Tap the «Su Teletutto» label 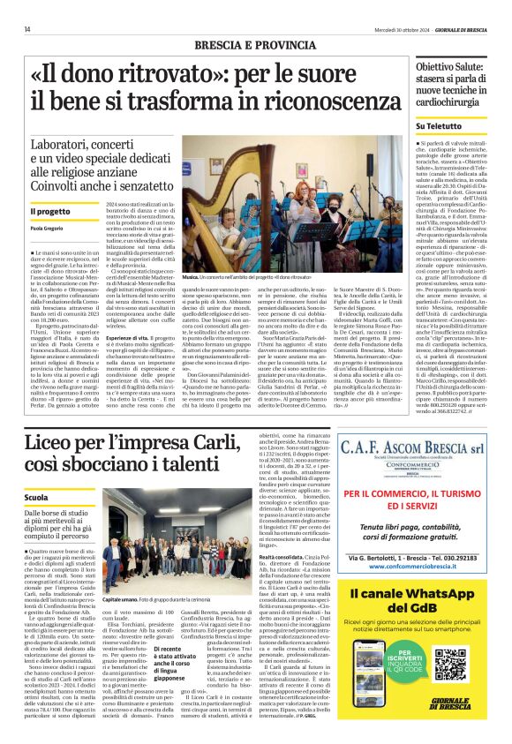tap(440, 127)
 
